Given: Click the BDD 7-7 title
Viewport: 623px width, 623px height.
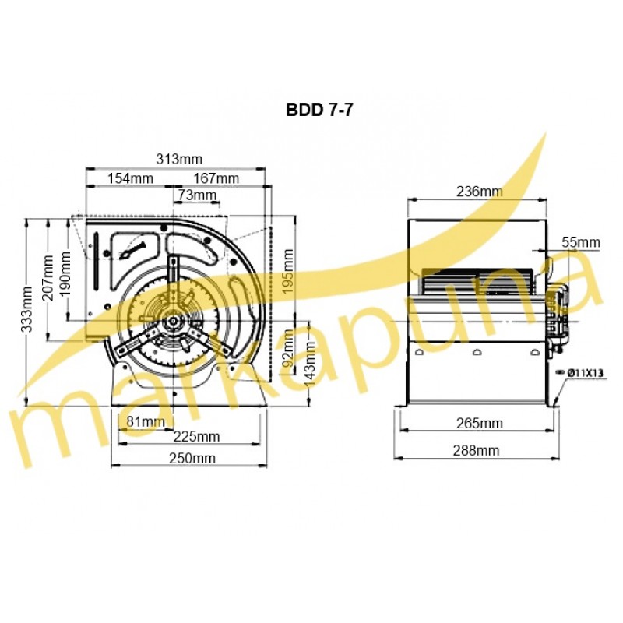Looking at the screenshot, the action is click(x=319, y=110).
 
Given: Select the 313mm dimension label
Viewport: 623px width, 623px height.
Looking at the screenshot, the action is click(x=179, y=160).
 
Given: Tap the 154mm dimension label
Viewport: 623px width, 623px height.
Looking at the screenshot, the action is click(x=130, y=178).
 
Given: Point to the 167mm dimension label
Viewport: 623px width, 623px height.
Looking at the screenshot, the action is click(x=216, y=178).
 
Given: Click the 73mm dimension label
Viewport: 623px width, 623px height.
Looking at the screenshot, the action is click(x=197, y=195).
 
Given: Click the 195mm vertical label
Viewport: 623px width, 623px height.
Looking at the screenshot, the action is click(x=288, y=271).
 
